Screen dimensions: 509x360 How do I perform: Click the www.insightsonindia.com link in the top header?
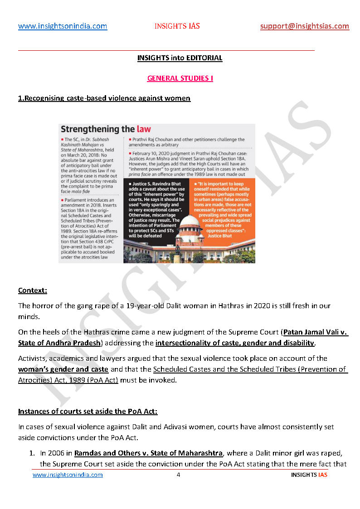(x=63, y=26)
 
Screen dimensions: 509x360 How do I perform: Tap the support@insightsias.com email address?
(x=305, y=26)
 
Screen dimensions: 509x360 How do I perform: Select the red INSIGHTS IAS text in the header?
(x=177, y=26)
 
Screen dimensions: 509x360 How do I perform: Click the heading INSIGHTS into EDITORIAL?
(x=180, y=58)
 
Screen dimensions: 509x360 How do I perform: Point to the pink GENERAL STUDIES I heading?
(x=180, y=78)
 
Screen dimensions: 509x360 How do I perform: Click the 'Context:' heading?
(x=32, y=290)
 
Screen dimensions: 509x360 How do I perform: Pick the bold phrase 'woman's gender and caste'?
(x=63, y=369)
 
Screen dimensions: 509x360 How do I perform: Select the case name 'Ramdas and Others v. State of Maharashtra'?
(x=148, y=453)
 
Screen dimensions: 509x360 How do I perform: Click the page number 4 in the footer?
(x=179, y=475)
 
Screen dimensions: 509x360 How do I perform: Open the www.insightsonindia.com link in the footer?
(x=68, y=475)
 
